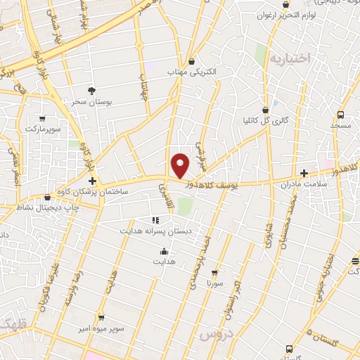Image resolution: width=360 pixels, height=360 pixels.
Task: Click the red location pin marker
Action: [x=181, y=165]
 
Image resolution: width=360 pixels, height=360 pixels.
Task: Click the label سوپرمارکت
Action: [x=44, y=129]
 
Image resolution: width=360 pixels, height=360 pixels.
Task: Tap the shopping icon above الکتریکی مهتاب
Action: [x=192, y=61]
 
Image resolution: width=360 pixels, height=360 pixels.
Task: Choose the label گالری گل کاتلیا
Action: [x=264, y=120]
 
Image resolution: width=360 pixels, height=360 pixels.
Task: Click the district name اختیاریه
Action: [x=289, y=59]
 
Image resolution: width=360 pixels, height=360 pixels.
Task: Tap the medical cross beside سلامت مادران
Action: [x=304, y=173]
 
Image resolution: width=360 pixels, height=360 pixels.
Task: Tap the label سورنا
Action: [x=214, y=284]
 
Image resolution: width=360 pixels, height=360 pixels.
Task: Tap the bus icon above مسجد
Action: [x=341, y=114]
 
